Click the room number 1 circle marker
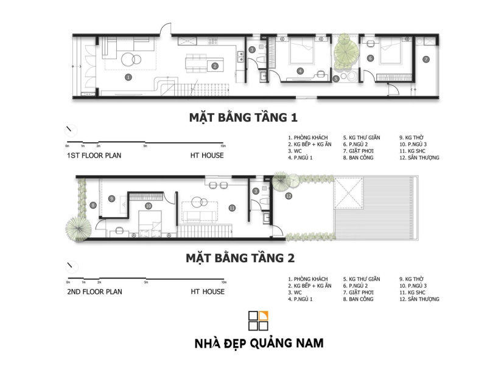(x=128, y=77)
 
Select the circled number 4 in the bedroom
(x=300, y=71)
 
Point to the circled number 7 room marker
(x=426, y=59)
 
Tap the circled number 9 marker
(x=112, y=198)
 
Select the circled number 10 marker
(x=149, y=206)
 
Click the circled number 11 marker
(x=232, y=208)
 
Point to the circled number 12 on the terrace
(x=289, y=196)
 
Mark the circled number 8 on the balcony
(x=93, y=206)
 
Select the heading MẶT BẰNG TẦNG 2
(x=240, y=258)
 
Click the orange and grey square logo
(x=258, y=321)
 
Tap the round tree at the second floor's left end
(x=79, y=227)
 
